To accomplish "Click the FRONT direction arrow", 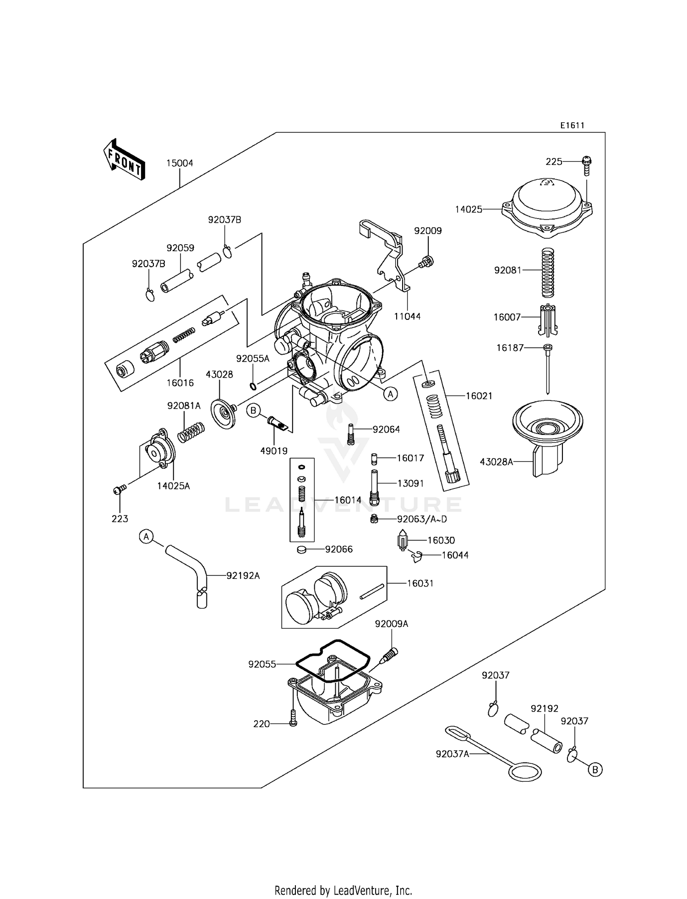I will coord(124,159).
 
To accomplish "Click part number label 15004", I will coord(180,163).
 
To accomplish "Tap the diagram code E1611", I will coord(572,126).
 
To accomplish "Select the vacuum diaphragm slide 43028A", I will coord(547,435).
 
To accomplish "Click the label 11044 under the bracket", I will coord(407,316).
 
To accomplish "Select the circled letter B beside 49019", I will coord(253,411).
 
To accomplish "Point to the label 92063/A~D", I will coord(421,519).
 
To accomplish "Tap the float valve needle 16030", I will coord(403,541).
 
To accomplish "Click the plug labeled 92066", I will coord(301,549).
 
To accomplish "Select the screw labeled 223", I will coord(120,490).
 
